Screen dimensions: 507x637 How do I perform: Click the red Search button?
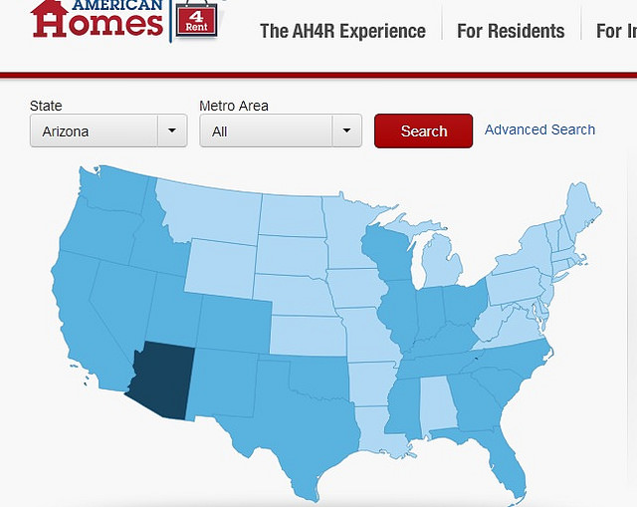pyautogui.click(x=423, y=131)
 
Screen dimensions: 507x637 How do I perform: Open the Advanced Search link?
pyautogui.click(x=539, y=129)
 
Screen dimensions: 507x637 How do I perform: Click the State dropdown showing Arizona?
pyautogui.click(x=108, y=131)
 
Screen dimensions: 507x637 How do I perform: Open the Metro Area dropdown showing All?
pyautogui.click(x=280, y=131)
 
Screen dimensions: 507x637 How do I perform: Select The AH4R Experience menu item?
pyautogui.click(x=342, y=31)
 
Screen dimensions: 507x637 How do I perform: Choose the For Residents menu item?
pyautogui.click(x=511, y=31)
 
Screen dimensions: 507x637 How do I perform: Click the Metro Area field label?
pyautogui.click(x=234, y=106)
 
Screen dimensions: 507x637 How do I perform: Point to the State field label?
pyautogui.click(x=46, y=106)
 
